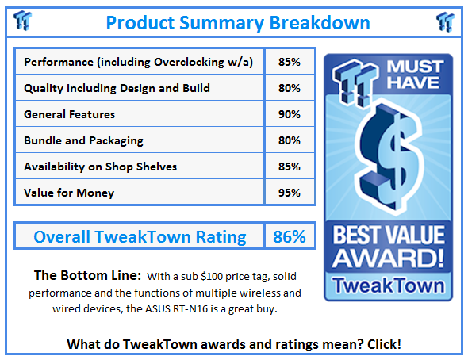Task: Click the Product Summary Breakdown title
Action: pyautogui.click(x=238, y=21)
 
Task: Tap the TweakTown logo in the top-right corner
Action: pyautogui.click(x=445, y=21)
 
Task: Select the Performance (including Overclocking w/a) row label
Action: pyautogui.click(x=139, y=62)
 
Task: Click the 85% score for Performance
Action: pyautogui.click(x=290, y=62)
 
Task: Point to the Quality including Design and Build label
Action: pyautogui.click(x=117, y=88)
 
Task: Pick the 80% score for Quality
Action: pyautogui.click(x=290, y=88)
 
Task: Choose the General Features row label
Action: pyautogui.click(x=70, y=114)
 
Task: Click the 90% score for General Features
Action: pyautogui.click(x=290, y=114)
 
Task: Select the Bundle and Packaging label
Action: pyautogui.click(x=83, y=140)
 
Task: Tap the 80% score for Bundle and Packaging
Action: pyautogui.click(x=290, y=140)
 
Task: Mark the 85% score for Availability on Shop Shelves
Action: pyautogui.click(x=290, y=167)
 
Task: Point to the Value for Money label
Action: pyautogui.click(x=69, y=192)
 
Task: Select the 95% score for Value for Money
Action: pyautogui.click(x=290, y=192)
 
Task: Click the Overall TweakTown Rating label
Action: pyautogui.click(x=140, y=236)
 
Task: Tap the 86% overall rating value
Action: pyautogui.click(x=290, y=236)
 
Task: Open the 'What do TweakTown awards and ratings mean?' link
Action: pyautogui.click(x=234, y=344)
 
